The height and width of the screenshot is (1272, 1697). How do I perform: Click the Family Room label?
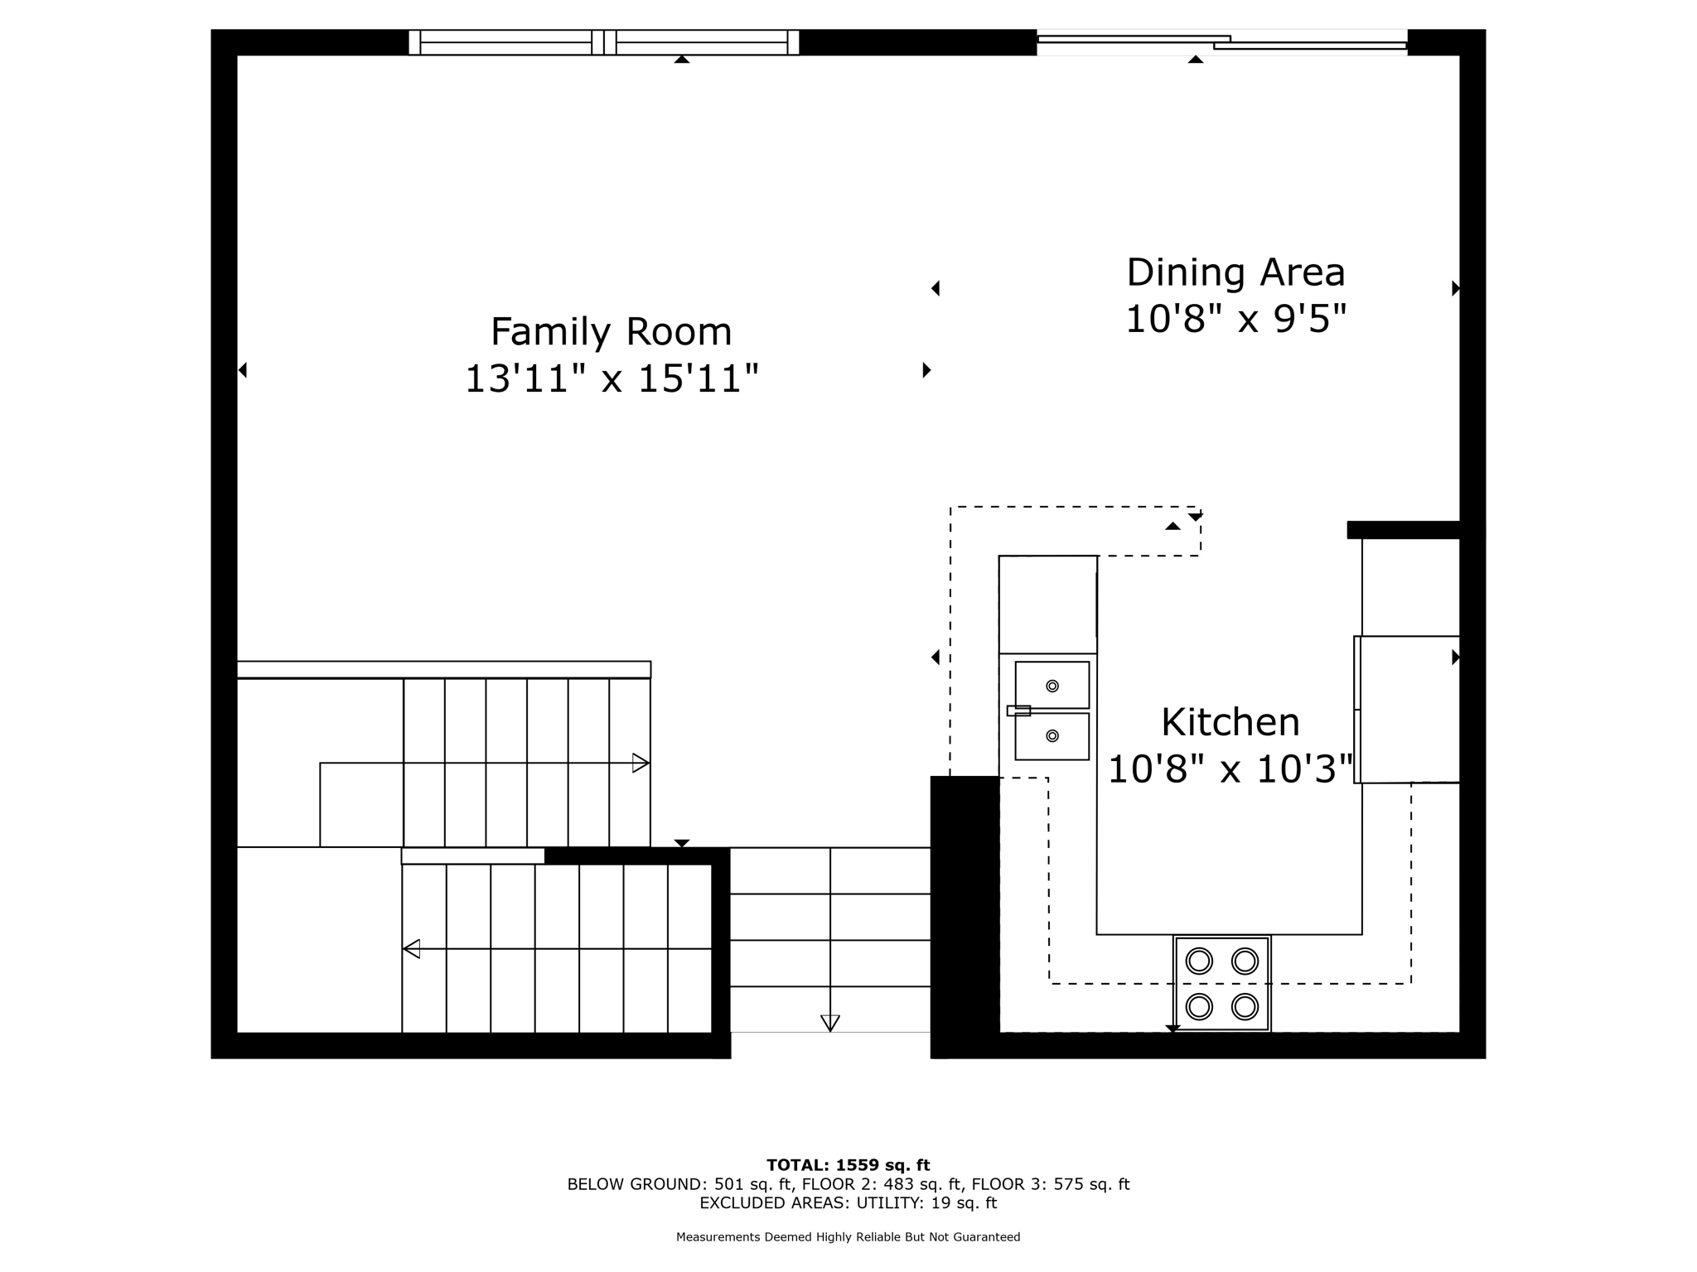tap(611, 332)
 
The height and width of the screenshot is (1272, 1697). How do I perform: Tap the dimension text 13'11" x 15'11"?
tap(611, 379)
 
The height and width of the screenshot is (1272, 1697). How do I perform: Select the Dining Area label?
tap(1235, 272)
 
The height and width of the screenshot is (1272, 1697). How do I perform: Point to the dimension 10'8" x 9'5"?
tap(1235, 319)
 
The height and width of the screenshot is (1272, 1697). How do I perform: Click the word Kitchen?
tap(1230, 722)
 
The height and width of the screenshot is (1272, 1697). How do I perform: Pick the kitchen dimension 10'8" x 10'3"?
tap(1230, 769)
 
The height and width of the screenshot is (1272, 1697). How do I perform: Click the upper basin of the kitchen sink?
tap(1052, 685)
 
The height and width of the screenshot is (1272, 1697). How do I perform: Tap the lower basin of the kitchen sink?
tap(1052, 736)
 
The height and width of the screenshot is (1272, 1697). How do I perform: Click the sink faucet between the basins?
tap(1018, 711)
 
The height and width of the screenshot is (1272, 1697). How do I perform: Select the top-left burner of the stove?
tap(1199, 961)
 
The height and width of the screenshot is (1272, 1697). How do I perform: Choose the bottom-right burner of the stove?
tap(1245, 1007)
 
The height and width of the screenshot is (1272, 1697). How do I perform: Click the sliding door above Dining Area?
tap(1222, 42)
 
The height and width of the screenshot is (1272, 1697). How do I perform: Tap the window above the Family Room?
tap(603, 42)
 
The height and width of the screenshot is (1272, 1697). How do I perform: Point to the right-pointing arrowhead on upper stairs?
tap(641, 763)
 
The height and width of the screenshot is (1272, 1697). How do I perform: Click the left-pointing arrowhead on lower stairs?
tap(412, 949)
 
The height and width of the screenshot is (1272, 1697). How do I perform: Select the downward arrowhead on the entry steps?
tap(829, 1023)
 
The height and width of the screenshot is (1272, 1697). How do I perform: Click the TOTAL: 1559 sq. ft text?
tap(848, 1165)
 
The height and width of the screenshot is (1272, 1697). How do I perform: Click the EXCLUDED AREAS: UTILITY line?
tap(848, 1203)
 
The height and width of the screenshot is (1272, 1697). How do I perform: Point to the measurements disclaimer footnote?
tap(848, 1237)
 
